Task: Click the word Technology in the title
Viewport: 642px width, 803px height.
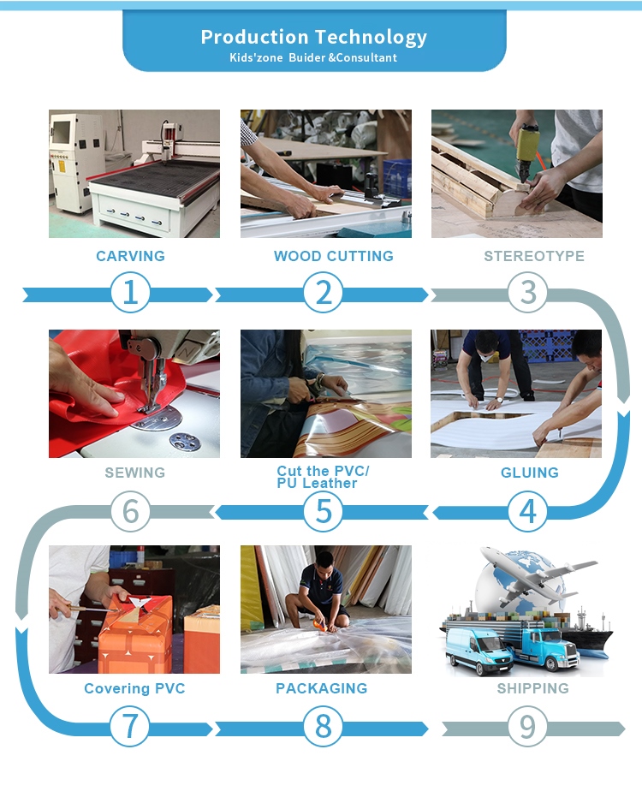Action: (x=371, y=38)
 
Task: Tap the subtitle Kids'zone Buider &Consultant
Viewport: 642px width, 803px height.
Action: (x=313, y=58)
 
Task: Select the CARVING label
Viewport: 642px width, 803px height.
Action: (x=131, y=256)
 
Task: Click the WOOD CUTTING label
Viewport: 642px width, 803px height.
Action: (x=334, y=256)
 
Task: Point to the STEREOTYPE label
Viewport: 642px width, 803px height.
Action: (x=534, y=256)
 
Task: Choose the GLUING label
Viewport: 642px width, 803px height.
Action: (x=530, y=473)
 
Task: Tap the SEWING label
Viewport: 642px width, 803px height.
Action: (x=135, y=473)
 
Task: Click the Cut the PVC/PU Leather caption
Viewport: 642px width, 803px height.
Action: (x=323, y=477)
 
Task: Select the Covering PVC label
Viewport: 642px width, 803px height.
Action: (x=134, y=689)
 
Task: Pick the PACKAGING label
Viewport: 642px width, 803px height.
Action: (x=322, y=688)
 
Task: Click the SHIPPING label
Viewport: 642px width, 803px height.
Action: (x=533, y=688)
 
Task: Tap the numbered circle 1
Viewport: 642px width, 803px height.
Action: (x=131, y=293)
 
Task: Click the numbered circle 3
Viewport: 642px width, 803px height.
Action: (x=528, y=293)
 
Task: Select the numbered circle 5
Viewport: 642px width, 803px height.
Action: (x=323, y=511)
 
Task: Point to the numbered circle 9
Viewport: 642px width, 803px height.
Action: (x=528, y=727)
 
